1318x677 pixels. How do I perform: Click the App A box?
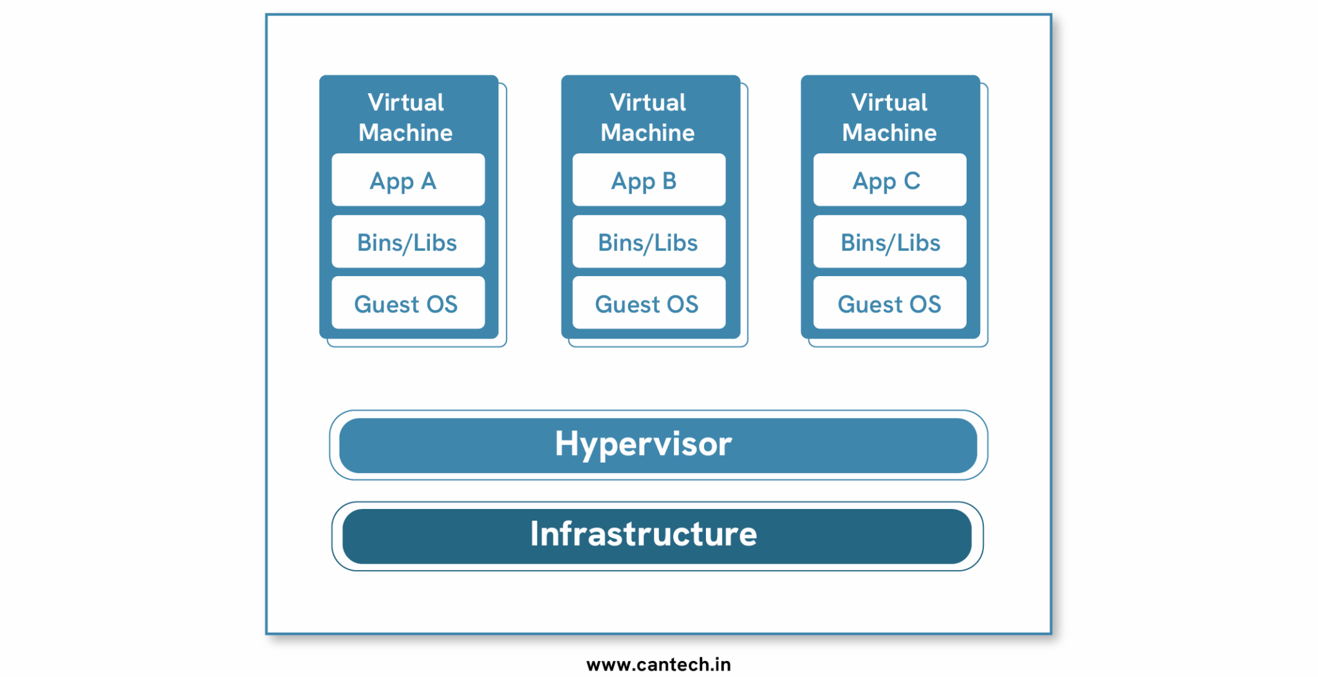tap(408, 180)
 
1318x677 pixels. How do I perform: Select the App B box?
tap(649, 180)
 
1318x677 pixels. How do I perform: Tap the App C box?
tap(889, 180)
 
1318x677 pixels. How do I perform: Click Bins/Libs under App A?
tap(408, 242)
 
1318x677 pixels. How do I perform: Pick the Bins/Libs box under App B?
tap(649, 242)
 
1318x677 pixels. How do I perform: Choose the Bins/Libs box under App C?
tap(889, 242)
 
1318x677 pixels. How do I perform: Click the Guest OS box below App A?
tap(408, 303)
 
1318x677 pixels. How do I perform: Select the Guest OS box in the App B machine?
tap(649, 303)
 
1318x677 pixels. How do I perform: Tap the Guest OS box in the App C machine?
tap(889, 303)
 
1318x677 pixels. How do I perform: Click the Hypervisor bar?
tap(658, 445)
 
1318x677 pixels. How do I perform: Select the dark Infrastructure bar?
tap(656, 535)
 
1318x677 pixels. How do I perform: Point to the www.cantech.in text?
tap(658, 664)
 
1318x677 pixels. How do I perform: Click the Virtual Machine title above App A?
tap(406, 117)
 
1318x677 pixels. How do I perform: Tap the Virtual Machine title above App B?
tap(648, 117)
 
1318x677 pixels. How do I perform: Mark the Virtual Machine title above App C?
tap(889, 117)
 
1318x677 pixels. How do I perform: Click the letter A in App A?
tap(429, 181)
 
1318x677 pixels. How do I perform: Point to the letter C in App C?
tap(912, 181)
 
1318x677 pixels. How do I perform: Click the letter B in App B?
tap(669, 181)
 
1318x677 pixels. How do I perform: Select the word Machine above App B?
tap(647, 133)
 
